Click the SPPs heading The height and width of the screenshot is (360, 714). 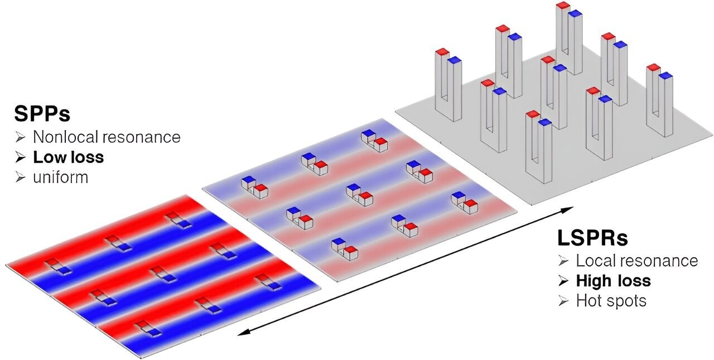point(42,114)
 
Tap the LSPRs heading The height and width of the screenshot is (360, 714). point(592,238)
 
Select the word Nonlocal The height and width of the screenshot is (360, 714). point(66,137)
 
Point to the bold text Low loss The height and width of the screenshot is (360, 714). point(69,157)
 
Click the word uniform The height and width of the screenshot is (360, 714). point(61,177)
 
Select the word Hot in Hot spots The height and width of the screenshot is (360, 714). point(588,301)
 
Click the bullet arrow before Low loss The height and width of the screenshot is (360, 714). point(20,157)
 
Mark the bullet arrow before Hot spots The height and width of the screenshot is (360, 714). point(563,301)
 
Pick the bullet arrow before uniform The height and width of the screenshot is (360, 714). point(20,177)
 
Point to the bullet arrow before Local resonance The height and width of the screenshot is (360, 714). point(563,261)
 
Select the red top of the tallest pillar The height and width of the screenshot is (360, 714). point(563,5)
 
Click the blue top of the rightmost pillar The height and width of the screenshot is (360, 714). point(666,75)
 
